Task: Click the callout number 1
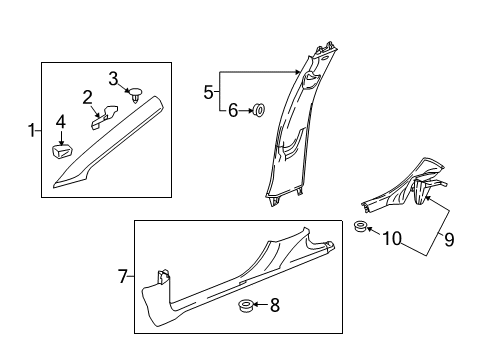32,130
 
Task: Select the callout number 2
87,98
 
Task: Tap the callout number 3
113,79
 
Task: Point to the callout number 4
61,122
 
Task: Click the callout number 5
208,92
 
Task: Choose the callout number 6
233,110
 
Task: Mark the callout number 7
123,276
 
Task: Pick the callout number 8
275,305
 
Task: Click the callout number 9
449,239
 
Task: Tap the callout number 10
392,239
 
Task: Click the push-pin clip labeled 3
135,95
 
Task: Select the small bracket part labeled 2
104,116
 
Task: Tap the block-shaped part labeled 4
62,152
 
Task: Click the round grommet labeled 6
259,110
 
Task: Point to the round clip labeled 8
245,306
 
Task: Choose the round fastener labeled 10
360,226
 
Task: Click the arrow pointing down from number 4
61,138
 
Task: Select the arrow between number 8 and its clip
260,304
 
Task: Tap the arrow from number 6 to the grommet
246,111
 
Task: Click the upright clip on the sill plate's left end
163,276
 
